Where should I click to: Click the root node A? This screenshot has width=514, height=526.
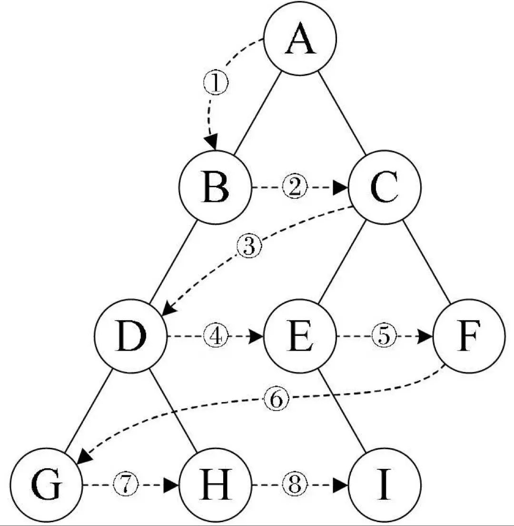click(x=300, y=38)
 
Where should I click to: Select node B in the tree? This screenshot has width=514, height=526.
click(x=215, y=187)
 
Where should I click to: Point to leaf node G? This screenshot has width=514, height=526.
click(x=47, y=486)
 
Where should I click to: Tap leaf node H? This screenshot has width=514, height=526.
click(x=215, y=486)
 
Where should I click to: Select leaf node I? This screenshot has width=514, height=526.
click(x=385, y=486)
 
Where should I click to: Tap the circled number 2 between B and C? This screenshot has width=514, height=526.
click(x=295, y=187)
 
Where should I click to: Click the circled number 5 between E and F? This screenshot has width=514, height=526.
click(x=384, y=336)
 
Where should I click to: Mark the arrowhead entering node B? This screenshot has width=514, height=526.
click(x=211, y=143)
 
